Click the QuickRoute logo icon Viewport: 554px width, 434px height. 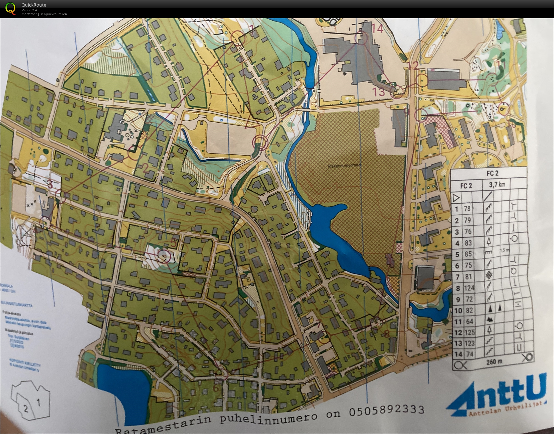11,8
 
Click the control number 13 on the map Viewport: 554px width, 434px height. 379,92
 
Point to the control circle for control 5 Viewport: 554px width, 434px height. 164,256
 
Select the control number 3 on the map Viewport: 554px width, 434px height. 50,184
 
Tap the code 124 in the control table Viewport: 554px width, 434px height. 469,288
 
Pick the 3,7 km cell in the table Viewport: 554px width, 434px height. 497,184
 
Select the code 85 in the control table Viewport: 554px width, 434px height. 468,254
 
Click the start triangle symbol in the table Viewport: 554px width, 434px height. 456,198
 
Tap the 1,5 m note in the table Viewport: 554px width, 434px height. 505,250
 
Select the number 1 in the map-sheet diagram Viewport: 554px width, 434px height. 39,403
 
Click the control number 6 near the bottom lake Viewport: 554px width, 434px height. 216,388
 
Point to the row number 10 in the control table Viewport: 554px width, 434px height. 458,311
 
